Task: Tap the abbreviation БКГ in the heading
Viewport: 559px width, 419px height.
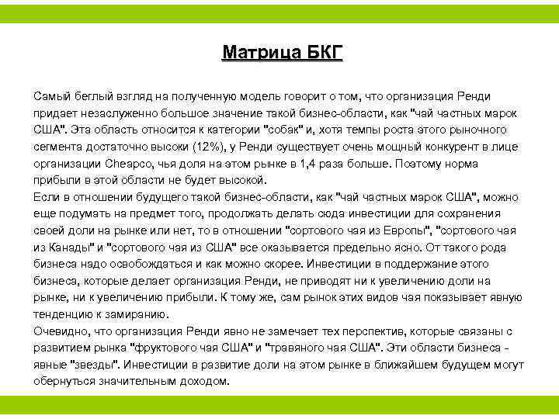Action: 318,53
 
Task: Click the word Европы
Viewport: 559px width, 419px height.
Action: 404,230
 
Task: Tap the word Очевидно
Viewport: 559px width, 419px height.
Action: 60,331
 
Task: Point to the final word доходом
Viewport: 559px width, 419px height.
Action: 205,381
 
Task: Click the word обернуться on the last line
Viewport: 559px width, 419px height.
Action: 64,381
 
